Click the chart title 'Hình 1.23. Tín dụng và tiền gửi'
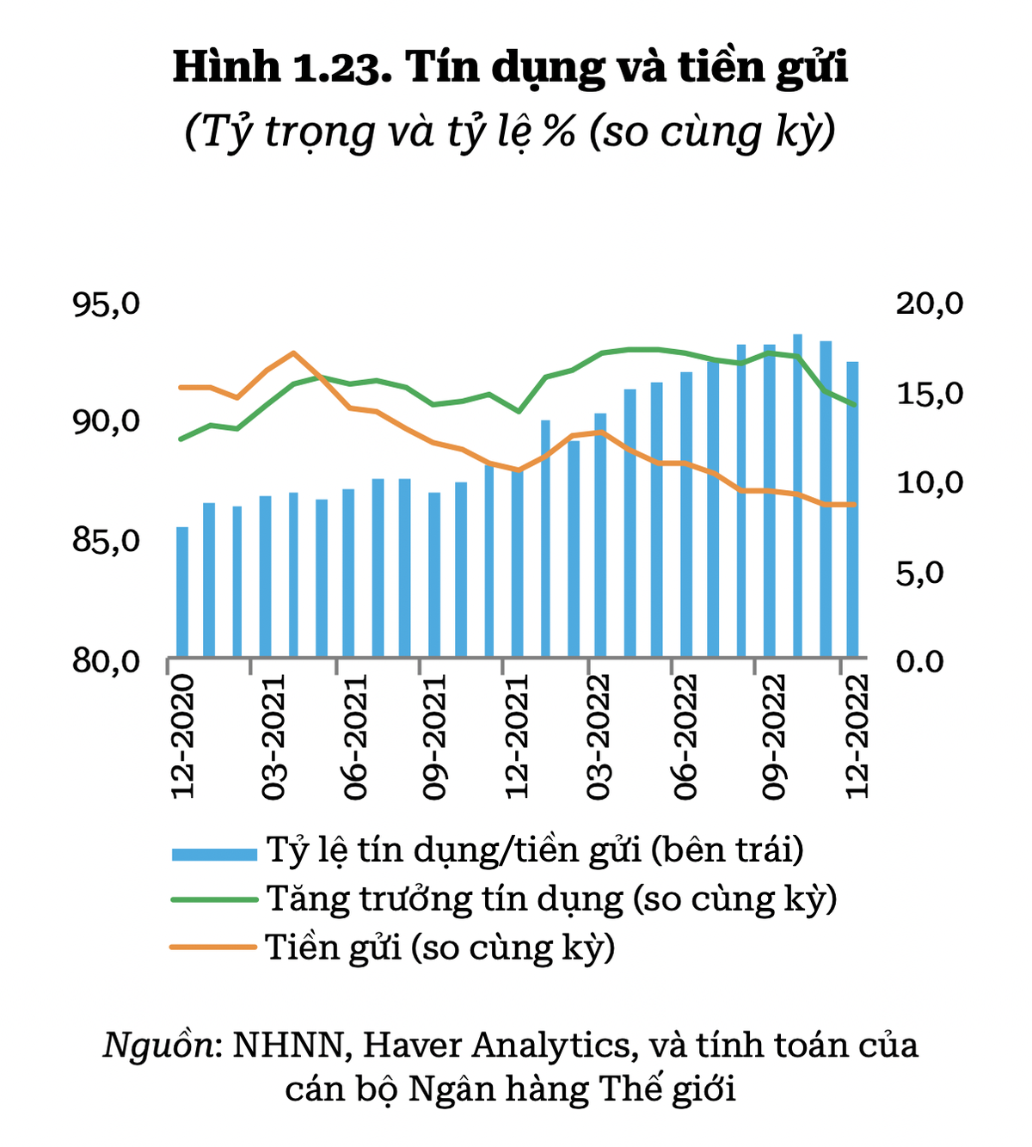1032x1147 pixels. click(510, 67)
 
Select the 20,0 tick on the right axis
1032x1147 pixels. click(930, 304)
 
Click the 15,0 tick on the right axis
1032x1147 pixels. click(930, 394)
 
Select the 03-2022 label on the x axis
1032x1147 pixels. click(598, 736)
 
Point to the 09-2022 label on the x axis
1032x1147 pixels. click(774, 736)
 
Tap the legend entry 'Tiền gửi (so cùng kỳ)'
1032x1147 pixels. click(440, 948)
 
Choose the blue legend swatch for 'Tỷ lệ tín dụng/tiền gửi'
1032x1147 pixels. click(214, 853)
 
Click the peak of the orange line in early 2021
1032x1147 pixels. click(293, 353)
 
